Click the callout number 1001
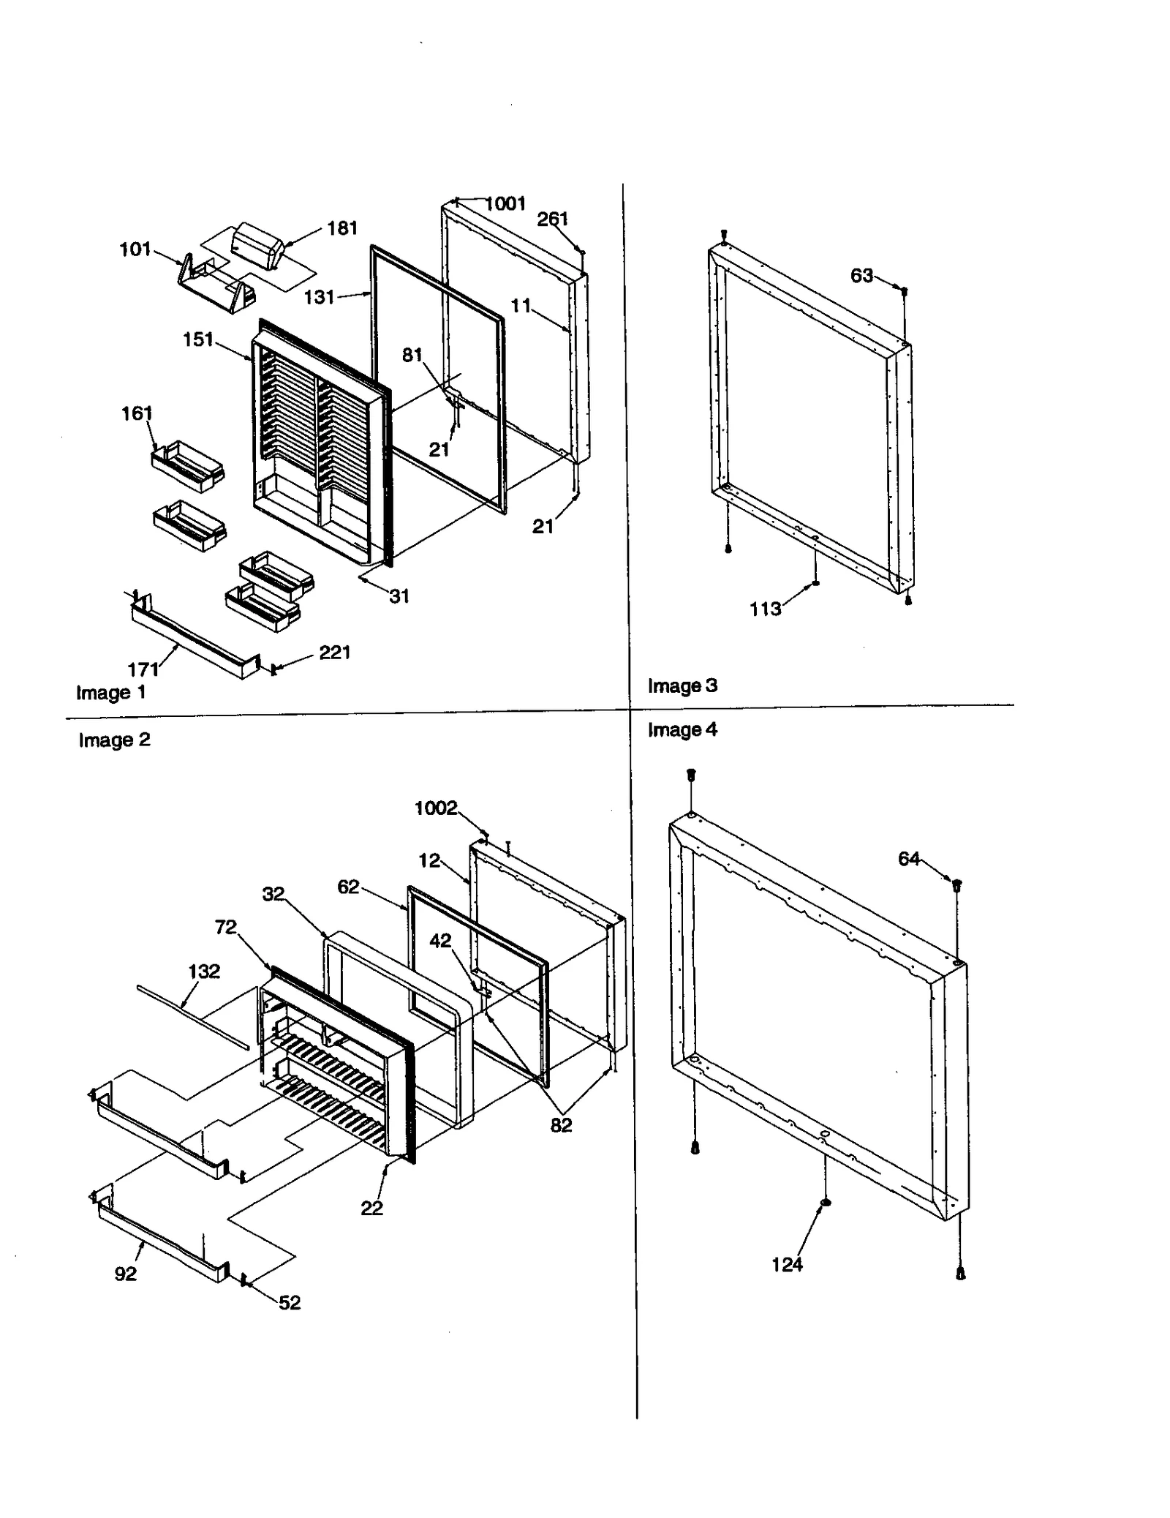coord(506,203)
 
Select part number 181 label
coord(341,228)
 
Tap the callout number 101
coord(135,249)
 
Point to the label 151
coord(198,339)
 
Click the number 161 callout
coord(137,414)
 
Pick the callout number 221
coord(335,653)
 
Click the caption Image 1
coord(111,693)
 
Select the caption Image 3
coord(682,686)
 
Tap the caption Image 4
coord(682,730)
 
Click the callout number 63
coord(861,276)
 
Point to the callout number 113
coord(765,609)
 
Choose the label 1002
coord(436,808)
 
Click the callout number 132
coord(203,972)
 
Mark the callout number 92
coord(126,1274)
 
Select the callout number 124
coord(787,1264)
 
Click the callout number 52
coord(290,1303)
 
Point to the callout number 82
coord(561,1126)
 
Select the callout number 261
coord(552,219)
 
